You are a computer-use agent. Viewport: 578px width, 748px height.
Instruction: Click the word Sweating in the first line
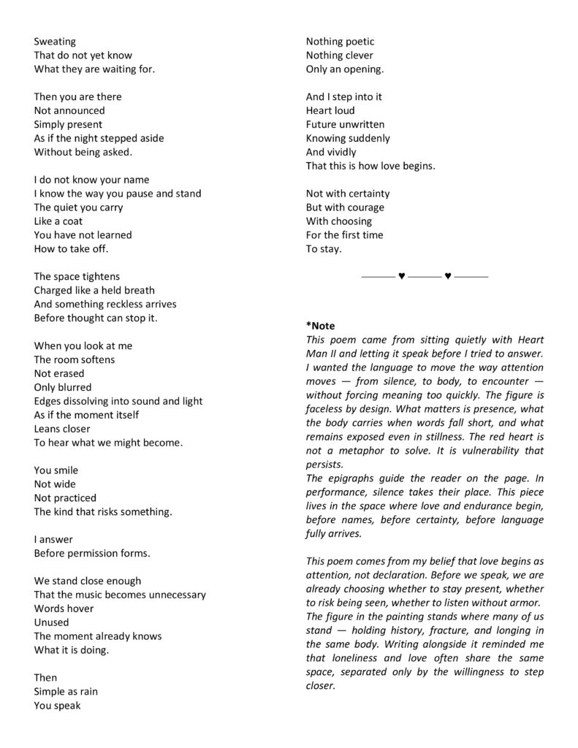pos(55,42)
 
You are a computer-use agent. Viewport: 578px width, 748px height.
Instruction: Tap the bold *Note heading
pos(320,326)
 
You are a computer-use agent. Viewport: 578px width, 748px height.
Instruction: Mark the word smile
pos(66,470)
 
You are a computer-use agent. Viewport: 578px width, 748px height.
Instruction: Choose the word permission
pos(99,553)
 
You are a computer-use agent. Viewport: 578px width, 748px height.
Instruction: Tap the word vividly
pos(342,152)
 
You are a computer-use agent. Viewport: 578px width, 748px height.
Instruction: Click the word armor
pos(525,603)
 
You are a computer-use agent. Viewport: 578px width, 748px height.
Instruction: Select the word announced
pos(79,110)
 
